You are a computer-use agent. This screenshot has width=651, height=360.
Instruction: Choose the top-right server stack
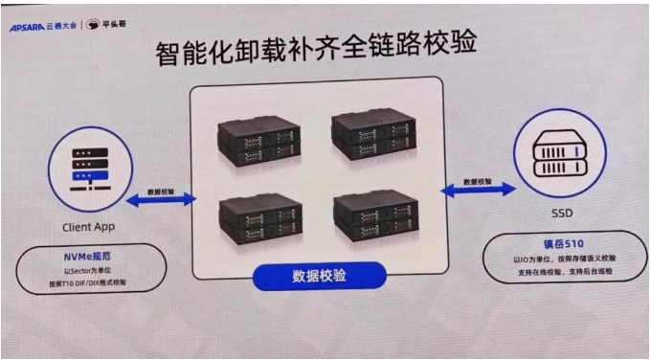point(373,132)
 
